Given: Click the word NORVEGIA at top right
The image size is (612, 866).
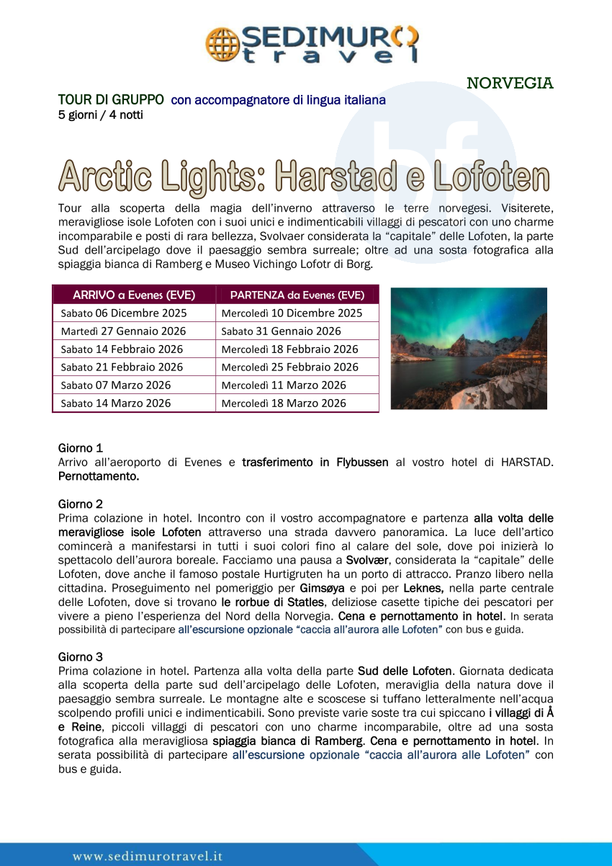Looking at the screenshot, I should (510, 84).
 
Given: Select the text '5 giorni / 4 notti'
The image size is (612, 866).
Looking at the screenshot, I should (101, 115).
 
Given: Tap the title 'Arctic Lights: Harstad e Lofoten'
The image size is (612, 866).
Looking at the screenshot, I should (304, 176).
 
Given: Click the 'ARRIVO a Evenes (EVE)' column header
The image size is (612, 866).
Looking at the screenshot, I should (134, 295).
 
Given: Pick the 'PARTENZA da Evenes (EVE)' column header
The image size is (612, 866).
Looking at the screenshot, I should (297, 295).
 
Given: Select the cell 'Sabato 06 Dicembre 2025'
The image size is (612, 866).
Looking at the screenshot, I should (124, 313).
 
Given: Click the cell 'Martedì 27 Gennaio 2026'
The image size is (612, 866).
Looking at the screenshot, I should (123, 331).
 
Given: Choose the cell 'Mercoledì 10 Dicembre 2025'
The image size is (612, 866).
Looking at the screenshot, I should (292, 313).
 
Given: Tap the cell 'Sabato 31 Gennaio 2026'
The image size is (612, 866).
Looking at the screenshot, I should (281, 331).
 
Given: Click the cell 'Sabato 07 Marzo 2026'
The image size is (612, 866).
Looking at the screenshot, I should (116, 385).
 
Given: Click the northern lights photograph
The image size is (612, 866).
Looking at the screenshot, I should (469, 349).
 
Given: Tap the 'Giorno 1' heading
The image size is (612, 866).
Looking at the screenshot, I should (80, 449).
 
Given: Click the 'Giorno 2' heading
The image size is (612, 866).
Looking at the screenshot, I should (80, 504).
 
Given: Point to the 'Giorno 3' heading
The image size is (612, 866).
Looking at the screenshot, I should (80, 657).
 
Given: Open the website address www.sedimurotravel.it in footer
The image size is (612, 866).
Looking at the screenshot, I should (148, 857).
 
